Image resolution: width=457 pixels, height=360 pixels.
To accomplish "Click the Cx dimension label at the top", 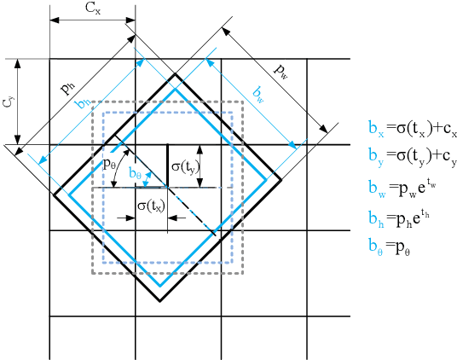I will [x=92, y=9].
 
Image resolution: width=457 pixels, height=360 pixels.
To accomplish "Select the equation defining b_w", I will [x=399, y=183].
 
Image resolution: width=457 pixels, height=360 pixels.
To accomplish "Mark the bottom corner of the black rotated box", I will [x=159, y=301].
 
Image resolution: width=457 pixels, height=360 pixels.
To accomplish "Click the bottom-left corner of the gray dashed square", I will [x=93, y=274].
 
